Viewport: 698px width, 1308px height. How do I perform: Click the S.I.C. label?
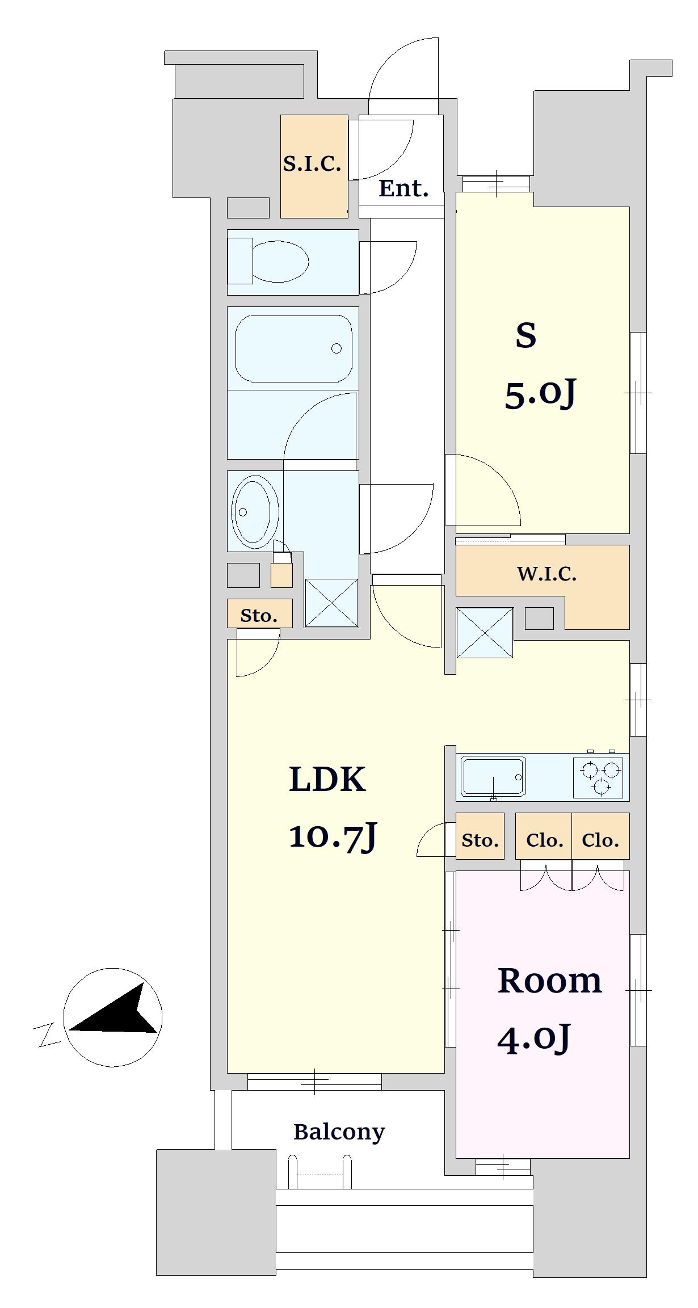click(312, 164)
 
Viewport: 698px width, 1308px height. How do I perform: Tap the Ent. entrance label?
click(403, 188)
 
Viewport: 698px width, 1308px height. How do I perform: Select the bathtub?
click(293, 348)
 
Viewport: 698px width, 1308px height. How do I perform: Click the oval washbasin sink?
click(255, 512)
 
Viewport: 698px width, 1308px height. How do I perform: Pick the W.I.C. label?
click(546, 574)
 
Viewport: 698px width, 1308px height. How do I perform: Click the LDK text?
click(327, 779)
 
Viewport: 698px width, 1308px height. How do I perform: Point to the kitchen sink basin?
click(493, 776)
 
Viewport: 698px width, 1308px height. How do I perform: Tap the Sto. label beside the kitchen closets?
click(480, 840)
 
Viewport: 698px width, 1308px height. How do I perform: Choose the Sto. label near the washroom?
click(259, 616)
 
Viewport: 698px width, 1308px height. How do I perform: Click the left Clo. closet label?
click(544, 840)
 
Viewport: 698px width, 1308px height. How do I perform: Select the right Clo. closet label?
click(600, 840)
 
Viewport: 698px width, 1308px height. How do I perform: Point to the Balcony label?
click(339, 1132)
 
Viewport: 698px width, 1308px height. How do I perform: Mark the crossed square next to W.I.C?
click(485, 633)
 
